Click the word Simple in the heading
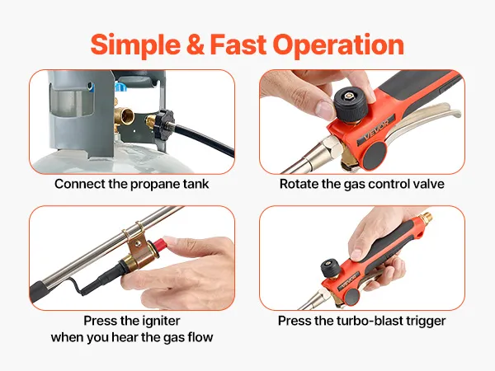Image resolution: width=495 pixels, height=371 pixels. [x=135, y=45]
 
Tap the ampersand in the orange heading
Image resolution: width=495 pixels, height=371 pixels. [x=196, y=45]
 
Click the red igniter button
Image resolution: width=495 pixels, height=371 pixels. [x=159, y=244]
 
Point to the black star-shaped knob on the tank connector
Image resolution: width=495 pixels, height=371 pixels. [x=164, y=121]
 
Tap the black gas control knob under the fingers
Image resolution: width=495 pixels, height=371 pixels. [x=351, y=105]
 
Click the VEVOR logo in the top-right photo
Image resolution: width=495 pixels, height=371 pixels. [x=375, y=129]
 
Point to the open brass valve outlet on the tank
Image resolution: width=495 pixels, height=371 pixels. [x=126, y=117]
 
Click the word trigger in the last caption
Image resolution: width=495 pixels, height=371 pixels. [x=427, y=322]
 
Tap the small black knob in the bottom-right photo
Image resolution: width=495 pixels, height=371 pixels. [x=330, y=268]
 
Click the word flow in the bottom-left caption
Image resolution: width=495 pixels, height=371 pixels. [x=200, y=337]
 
